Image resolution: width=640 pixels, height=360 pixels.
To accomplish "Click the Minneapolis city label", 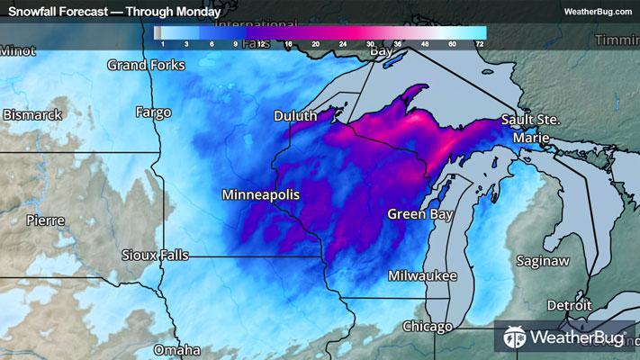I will tap(261, 194).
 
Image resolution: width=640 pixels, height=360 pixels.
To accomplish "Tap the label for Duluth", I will tap(296, 116).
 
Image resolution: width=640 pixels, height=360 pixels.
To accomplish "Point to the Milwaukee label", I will tap(423, 275).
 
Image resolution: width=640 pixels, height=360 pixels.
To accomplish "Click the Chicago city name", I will tap(428, 326).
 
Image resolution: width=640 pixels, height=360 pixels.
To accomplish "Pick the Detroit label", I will tap(569, 305).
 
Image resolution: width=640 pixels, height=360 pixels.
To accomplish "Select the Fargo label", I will tap(152, 112).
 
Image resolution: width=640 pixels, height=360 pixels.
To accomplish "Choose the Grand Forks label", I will tap(146, 65).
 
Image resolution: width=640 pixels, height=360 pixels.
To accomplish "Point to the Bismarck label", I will tap(32, 115).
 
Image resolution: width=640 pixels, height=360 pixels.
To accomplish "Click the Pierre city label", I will tap(45, 220).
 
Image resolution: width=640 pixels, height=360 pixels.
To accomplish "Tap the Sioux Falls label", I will tap(156, 255).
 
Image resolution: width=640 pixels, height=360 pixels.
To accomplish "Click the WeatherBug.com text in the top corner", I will tap(595, 12).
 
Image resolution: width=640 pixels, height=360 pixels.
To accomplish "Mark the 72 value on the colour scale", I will tap(480, 43).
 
